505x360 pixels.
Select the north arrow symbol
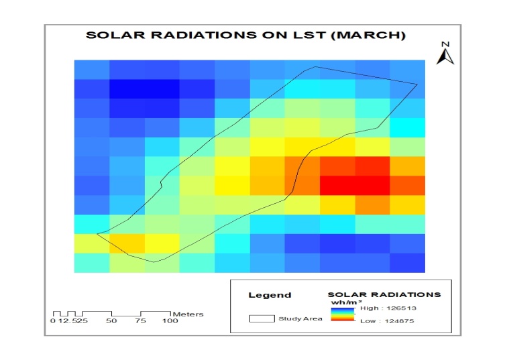444,56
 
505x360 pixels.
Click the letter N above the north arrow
444,44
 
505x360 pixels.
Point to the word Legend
270,295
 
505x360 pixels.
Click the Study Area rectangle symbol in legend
262,318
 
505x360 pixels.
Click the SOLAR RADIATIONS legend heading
384,294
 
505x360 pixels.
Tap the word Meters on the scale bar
188,314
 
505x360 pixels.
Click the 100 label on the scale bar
170,321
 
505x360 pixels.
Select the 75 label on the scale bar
141,321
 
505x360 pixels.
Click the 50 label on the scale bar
111,321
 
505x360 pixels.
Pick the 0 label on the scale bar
53,321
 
